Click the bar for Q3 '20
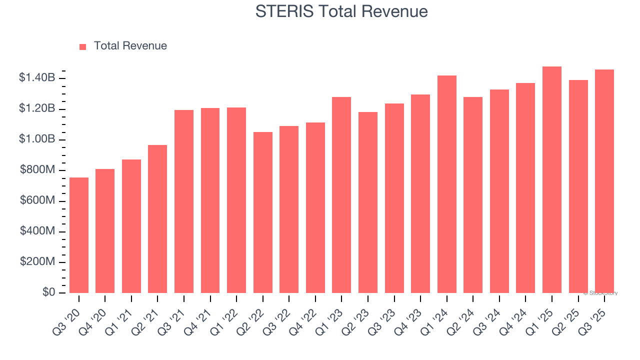(x=79, y=235)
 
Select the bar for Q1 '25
(x=552, y=180)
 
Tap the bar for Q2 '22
(x=263, y=212)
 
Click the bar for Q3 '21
(x=184, y=201)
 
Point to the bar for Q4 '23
(x=420, y=193)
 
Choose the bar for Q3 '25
(x=604, y=181)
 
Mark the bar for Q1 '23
(x=341, y=195)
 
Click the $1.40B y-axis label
(x=37, y=77)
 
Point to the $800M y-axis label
(x=37, y=170)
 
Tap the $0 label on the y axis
(x=48, y=292)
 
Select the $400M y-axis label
(x=37, y=231)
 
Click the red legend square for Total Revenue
(x=83, y=46)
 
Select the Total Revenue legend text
(x=130, y=46)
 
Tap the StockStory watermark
(x=600, y=293)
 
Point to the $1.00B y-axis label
(x=37, y=139)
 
